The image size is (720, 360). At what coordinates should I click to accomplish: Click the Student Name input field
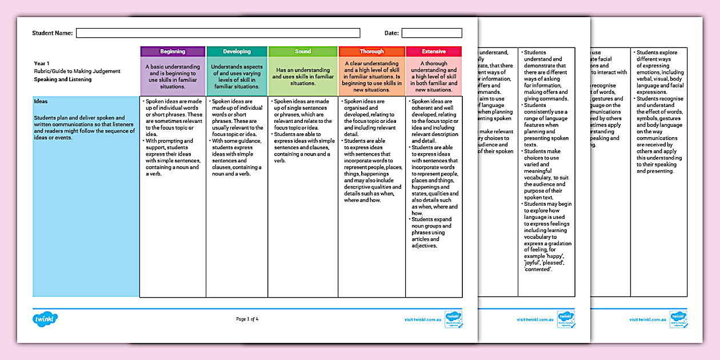coord(218,33)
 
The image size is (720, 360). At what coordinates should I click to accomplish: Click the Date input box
coord(431,33)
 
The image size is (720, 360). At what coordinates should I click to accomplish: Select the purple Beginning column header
coord(173,51)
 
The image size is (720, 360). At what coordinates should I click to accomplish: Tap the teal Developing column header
coord(237,51)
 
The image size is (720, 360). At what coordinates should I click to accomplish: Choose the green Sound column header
coord(303,51)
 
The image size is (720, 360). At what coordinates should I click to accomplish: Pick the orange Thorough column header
coord(372,51)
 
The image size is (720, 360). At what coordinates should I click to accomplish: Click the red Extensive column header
coord(433,51)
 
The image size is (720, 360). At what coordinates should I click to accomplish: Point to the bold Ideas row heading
coord(41,101)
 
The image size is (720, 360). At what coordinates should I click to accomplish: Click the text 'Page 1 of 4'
coord(247,319)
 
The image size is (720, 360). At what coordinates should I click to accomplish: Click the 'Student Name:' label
coord(53,33)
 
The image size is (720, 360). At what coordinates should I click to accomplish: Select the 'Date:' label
coord(391,33)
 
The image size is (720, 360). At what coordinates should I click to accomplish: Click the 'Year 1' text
coord(42,63)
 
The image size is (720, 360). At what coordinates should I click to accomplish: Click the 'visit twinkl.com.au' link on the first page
coord(423,320)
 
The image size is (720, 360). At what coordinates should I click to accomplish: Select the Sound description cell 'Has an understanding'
coord(303,77)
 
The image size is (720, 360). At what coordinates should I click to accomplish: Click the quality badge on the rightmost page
coord(678,319)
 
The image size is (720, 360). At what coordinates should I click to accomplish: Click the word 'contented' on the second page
coord(538,269)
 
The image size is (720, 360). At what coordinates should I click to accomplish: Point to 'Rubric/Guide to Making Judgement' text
coord(77,71)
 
